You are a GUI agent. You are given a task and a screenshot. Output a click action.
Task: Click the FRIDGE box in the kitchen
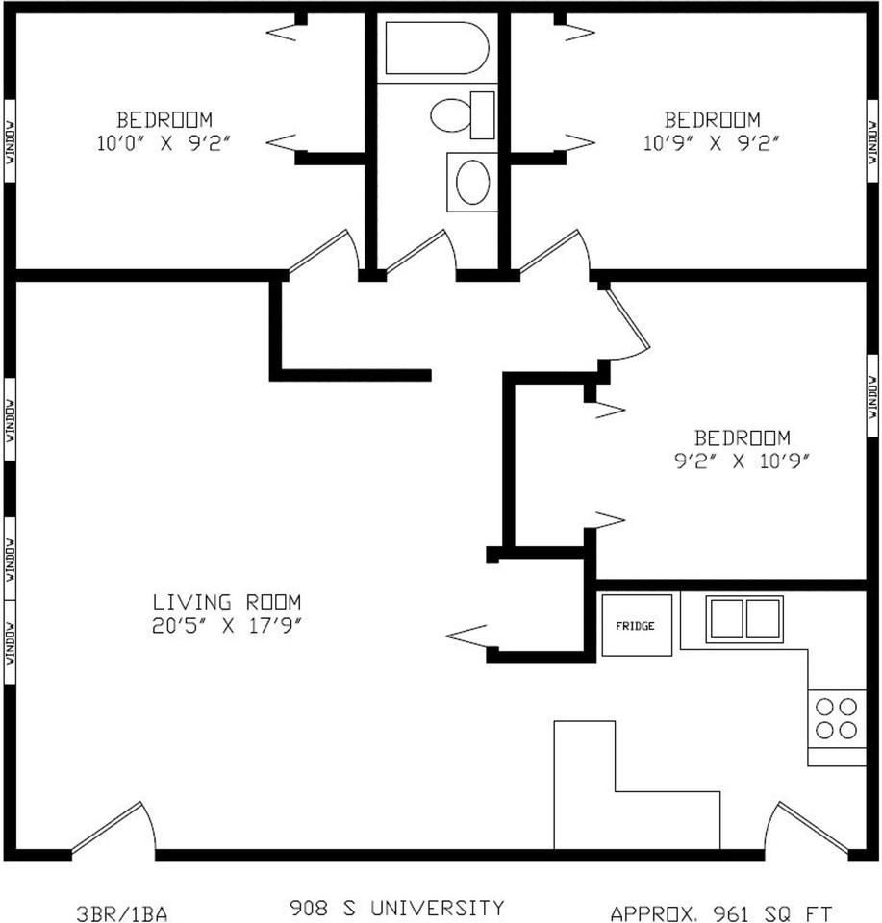click(637, 625)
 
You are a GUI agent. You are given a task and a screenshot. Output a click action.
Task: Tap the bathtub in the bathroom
click(437, 48)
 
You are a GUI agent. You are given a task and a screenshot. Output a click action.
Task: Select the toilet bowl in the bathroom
click(451, 115)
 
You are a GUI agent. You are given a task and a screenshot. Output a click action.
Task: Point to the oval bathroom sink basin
click(472, 182)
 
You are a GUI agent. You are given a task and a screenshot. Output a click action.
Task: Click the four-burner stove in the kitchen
click(836, 719)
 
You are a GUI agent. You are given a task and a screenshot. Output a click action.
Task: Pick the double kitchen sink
click(744, 619)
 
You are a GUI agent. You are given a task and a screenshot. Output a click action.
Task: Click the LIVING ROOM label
click(227, 602)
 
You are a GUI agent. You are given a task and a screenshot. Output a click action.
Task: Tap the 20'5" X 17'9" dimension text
click(227, 625)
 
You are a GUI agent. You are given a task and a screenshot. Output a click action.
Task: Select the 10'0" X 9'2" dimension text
click(164, 142)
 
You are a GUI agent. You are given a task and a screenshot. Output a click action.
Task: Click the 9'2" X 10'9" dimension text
click(742, 461)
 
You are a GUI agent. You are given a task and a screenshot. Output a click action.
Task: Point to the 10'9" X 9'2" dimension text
click(712, 142)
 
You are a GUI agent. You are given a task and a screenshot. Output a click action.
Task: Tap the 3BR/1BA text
click(122, 913)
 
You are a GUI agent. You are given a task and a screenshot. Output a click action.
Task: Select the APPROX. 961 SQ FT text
click(721, 913)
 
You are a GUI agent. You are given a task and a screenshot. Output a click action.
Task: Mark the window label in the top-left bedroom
click(10, 142)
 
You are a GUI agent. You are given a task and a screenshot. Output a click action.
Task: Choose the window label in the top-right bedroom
click(872, 142)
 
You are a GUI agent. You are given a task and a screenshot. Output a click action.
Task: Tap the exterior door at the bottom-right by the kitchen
click(807, 827)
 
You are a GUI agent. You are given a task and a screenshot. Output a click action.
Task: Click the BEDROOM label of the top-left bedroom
click(164, 119)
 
